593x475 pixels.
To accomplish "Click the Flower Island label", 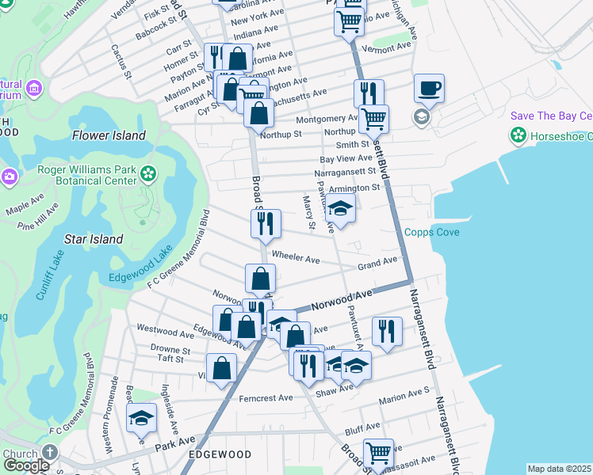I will (x=109, y=135).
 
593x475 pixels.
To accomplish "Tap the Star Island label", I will (x=94, y=239).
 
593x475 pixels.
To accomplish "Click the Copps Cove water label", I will (x=432, y=232).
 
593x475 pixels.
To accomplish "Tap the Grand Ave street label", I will (x=377, y=262).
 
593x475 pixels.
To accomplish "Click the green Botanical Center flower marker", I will (x=147, y=173).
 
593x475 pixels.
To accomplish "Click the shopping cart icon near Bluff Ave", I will (x=379, y=453).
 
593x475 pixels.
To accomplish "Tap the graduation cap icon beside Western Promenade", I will (x=141, y=417).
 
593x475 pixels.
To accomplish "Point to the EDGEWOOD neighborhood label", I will (x=220, y=454).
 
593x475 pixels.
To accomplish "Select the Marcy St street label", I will (x=308, y=215).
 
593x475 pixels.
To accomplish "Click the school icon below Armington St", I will (x=340, y=210).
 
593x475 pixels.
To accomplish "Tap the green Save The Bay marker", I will (x=518, y=135).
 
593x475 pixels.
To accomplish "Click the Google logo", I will (x=26, y=465).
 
